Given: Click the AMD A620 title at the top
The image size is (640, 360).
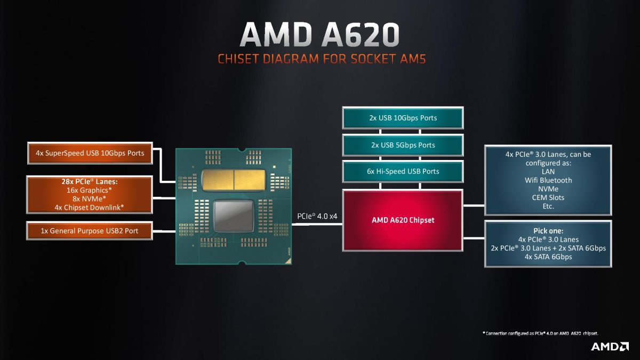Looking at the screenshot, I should click(319, 35).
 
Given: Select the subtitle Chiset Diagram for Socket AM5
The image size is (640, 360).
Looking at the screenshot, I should click(322, 59).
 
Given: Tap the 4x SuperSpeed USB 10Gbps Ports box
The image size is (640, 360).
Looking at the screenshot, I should click(90, 153).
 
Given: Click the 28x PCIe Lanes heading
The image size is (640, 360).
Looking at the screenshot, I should click(90, 181).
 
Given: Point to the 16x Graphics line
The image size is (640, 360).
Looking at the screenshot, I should click(90, 190).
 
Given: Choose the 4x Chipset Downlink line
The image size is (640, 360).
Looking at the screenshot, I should click(90, 207).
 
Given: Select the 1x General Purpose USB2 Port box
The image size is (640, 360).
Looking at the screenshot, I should click(90, 231).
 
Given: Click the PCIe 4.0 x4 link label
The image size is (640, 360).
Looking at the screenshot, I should click(317, 217).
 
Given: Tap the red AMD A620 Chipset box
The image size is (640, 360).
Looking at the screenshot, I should click(403, 220).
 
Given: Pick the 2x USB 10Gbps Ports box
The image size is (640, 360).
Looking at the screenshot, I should click(403, 118).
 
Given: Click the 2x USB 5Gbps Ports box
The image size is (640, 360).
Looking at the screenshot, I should click(403, 145).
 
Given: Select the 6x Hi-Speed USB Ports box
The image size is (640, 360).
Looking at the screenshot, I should click(403, 171).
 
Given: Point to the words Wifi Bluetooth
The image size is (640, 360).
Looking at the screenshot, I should click(548, 180).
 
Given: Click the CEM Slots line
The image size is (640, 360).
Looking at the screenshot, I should click(548, 197).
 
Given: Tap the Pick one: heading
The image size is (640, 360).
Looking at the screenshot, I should click(548, 231).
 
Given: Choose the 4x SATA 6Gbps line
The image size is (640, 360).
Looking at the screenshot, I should click(548, 257).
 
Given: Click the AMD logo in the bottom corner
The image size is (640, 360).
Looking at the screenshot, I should click(610, 347).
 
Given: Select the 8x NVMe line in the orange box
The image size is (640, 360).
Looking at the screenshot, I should click(90, 198).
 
